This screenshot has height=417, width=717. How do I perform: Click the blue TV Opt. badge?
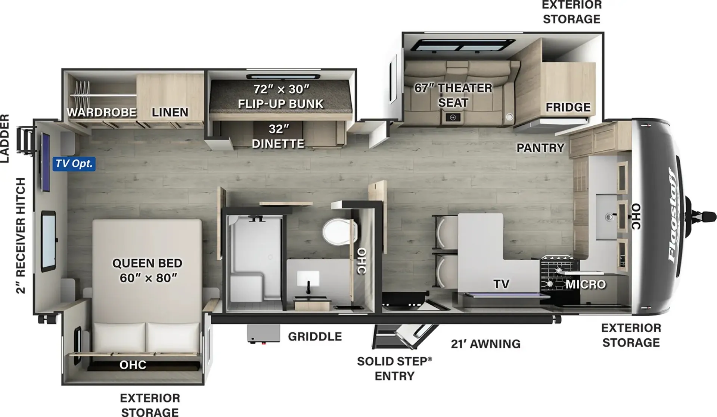[x=74, y=164]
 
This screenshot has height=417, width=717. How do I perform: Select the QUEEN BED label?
[x=147, y=263]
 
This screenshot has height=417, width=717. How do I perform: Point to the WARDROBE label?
[x=102, y=112]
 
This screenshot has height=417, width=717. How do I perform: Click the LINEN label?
[x=170, y=112]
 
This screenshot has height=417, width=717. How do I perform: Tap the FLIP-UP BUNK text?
[x=281, y=104]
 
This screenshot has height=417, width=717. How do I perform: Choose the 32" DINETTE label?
[x=278, y=136]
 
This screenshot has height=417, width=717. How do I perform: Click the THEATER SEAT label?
[x=453, y=95]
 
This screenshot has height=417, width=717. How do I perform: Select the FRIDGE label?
[x=568, y=107]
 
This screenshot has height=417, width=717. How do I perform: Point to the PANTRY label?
[x=540, y=148]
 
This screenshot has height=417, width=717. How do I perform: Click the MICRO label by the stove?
[x=586, y=285]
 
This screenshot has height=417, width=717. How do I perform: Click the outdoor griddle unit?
[x=263, y=333]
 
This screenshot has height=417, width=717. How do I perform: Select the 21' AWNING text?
[x=485, y=344]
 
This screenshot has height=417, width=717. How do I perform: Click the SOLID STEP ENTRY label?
[x=394, y=369]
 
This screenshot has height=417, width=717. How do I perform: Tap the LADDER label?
[x=4, y=138]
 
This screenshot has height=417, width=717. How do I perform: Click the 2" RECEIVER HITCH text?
[x=21, y=235]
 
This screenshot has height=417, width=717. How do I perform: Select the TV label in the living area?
[x=501, y=284]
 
